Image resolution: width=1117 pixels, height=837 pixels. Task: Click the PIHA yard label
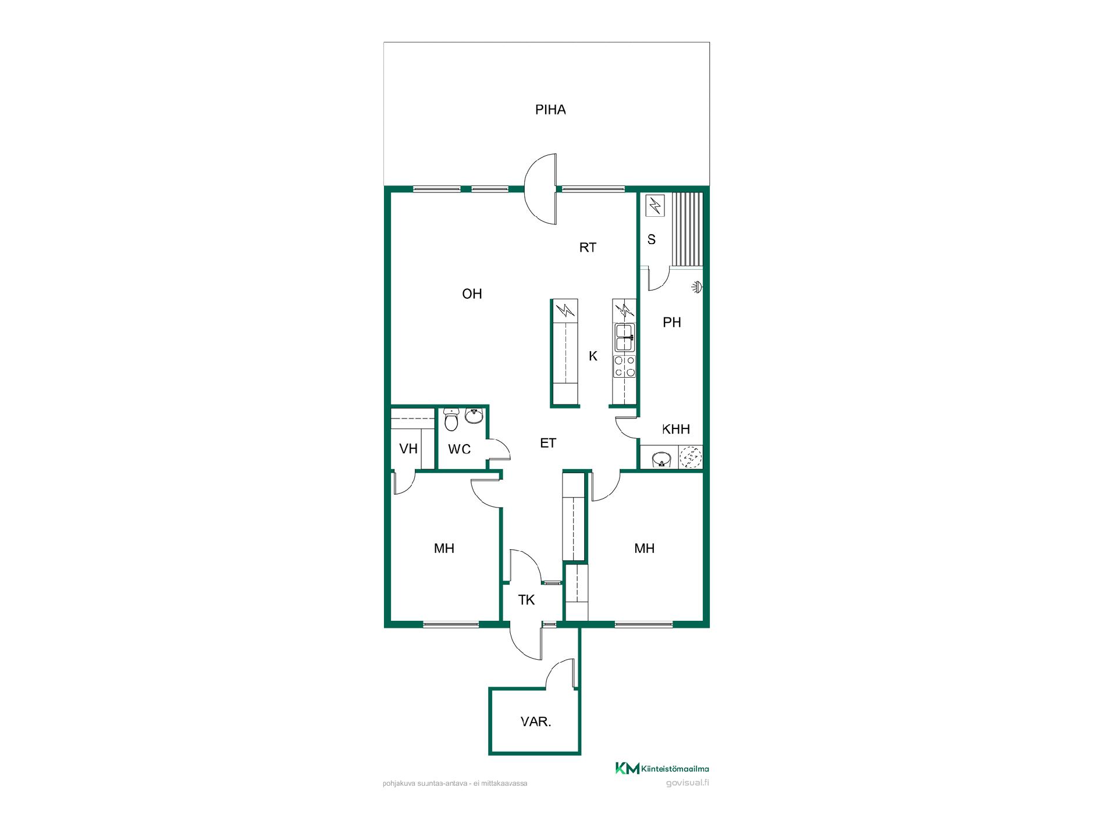click(x=550, y=110)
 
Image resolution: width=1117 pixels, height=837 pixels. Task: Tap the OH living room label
click(x=472, y=294)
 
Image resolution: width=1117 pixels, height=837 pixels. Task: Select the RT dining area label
click(x=588, y=248)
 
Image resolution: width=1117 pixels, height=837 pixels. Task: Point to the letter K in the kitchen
click(x=593, y=356)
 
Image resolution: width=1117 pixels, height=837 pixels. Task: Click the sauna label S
click(x=652, y=239)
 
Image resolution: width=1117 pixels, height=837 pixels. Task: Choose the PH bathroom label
click(x=672, y=323)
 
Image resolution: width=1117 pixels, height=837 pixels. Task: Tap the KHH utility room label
click(x=676, y=430)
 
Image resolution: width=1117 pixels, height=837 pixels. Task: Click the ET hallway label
click(x=548, y=443)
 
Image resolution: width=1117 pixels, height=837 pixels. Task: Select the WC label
click(x=459, y=449)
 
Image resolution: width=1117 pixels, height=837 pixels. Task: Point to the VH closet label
click(x=408, y=449)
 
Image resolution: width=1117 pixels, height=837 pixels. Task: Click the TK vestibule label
click(x=527, y=600)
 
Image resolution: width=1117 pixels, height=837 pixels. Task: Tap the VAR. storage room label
click(x=536, y=722)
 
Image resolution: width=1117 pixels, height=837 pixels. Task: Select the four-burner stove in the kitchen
click(x=625, y=366)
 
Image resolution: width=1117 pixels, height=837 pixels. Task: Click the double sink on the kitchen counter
click(x=625, y=338)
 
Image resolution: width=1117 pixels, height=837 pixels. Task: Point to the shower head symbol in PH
click(x=696, y=286)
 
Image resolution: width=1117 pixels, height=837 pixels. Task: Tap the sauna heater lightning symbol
click(x=656, y=205)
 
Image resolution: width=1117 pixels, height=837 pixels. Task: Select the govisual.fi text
click(x=688, y=782)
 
